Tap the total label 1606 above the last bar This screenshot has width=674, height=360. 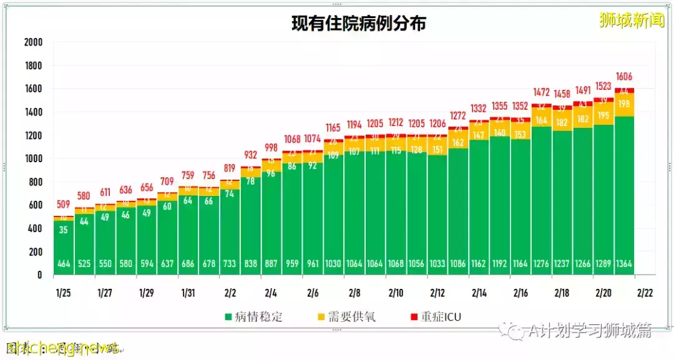pos(624,77)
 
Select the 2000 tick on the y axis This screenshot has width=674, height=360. pos(33,42)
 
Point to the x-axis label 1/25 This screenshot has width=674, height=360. pos(64,292)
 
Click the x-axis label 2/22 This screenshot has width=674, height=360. pos(645,292)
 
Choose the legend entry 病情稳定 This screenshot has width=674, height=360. pos(253,317)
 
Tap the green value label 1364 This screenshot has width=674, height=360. pos(624,264)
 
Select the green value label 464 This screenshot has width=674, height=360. pos(64,264)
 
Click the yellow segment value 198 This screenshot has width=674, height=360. pos(624,104)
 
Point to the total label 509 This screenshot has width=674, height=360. pos(64,203)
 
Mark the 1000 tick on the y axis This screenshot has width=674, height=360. pos(33,158)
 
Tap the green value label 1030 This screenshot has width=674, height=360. pos(333,264)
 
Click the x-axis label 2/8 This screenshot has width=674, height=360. pos(354,292)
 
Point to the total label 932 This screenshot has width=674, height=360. pos(250,155)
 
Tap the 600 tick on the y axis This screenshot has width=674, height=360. pos(35,205)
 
